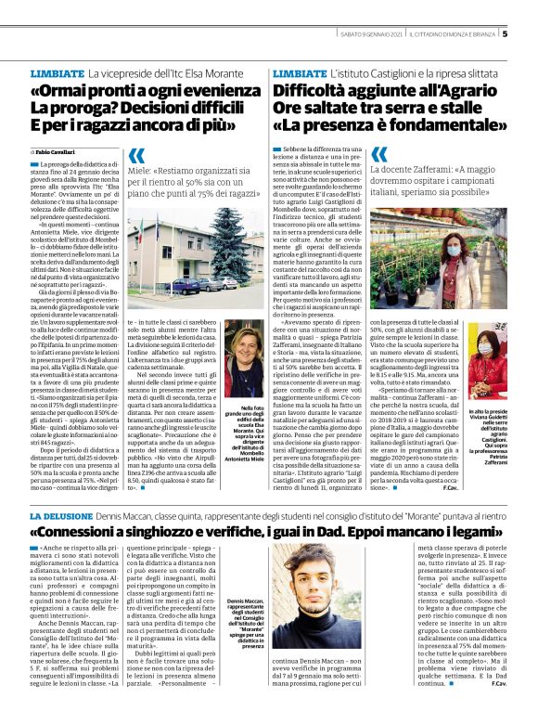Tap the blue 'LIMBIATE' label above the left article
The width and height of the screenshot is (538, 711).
tap(58, 72)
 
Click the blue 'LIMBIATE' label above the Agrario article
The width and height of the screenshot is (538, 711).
tap(301, 72)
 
